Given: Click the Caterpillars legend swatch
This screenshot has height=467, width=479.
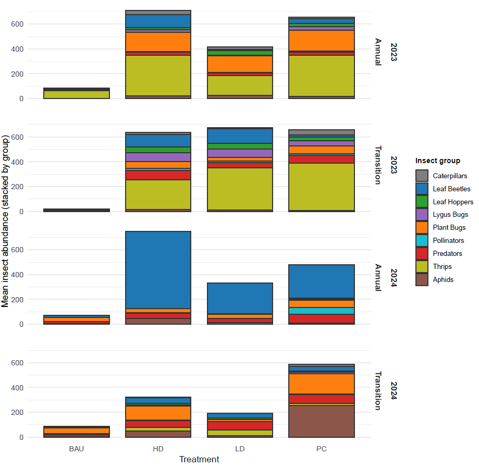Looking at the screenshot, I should coord(422,176).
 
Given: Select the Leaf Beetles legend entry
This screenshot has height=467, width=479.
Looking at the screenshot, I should coord(451,189).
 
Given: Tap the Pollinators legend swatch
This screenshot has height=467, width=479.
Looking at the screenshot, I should coord(422,240).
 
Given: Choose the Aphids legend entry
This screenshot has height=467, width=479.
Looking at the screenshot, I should coord(443,279).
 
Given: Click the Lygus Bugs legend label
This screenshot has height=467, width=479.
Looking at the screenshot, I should coord(450,214).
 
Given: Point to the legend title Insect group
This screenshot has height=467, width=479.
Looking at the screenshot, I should coord(437,161).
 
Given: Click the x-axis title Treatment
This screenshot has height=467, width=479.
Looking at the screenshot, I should coord(199,459).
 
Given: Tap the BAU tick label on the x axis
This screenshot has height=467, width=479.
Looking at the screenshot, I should coord(76,448).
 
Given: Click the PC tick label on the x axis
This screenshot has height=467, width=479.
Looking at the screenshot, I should coord(321,448).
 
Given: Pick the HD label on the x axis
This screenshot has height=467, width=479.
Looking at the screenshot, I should coord(158,448).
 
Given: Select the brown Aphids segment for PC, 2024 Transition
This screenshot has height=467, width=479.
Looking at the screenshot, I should coord(321,421).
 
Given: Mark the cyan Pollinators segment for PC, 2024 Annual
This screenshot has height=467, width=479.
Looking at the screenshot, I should coord(321,311).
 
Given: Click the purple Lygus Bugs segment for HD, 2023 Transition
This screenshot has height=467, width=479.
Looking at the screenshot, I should coord(158,157).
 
